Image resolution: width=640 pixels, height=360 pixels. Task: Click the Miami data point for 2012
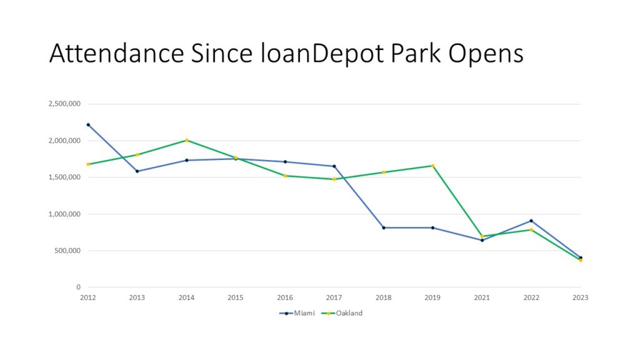(x=88, y=124)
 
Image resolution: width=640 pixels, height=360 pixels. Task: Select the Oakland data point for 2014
(x=187, y=140)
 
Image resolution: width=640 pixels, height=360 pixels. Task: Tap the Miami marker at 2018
(x=384, y=227)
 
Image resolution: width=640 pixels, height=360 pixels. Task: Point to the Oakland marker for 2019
(x=432, y=166)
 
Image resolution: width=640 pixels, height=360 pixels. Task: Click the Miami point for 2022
(x=531, y=221)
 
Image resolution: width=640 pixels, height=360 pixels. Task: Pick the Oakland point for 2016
(x=285, y=176)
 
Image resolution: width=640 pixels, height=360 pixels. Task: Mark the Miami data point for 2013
(x=137, y=171)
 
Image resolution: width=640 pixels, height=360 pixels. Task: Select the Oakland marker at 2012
(x=88, y=164)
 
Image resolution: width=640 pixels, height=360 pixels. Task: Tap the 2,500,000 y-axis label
(x=64, y=104)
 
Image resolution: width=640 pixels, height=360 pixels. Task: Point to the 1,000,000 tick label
(x=64, y=214)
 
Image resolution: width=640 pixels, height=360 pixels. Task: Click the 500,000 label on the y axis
(x=67, y=251)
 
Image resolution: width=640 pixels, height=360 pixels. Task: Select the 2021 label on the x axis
(x=482, y=298)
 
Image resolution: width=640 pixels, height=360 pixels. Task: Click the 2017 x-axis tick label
(x=334, y=298)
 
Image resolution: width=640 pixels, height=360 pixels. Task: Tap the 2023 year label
(x=580, y=298)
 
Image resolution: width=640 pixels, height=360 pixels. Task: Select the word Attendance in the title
(x=116, y=54)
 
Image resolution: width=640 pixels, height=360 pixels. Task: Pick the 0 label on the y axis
(x=79, y=287)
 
